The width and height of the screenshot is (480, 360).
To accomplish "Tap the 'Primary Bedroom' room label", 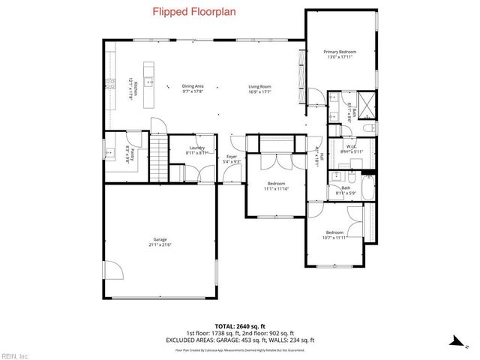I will [339, 53].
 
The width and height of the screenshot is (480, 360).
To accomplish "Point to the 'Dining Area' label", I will [193, 88].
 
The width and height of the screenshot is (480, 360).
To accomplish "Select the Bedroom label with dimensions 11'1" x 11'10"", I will [277, 185].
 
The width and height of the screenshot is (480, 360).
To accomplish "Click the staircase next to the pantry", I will [158, 157].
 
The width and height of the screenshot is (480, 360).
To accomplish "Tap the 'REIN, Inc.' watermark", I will [15, 355].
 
